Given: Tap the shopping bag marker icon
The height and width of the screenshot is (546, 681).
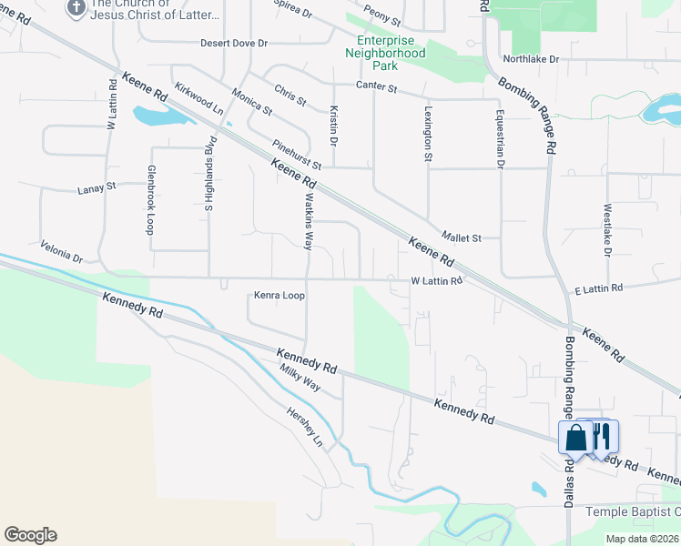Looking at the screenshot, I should coord(577,439).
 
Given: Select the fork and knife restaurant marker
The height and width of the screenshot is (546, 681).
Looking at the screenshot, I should coord(600,435).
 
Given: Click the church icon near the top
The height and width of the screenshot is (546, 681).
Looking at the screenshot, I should coord(76,8).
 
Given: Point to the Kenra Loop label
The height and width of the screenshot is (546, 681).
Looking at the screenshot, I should coord(279,296).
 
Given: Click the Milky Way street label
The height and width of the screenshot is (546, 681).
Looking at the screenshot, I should coord(300,378).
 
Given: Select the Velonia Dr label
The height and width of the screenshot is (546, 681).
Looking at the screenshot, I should coord(61,252).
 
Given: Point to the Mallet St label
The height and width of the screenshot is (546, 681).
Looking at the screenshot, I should coord(461,238).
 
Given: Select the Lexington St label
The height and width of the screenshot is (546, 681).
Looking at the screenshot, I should coord(428,133).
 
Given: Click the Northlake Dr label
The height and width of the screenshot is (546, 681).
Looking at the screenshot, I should coord(530,59).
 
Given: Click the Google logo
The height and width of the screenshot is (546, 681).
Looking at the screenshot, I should coord(30,535).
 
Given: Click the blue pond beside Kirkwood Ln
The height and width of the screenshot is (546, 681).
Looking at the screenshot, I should coord(155,116).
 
